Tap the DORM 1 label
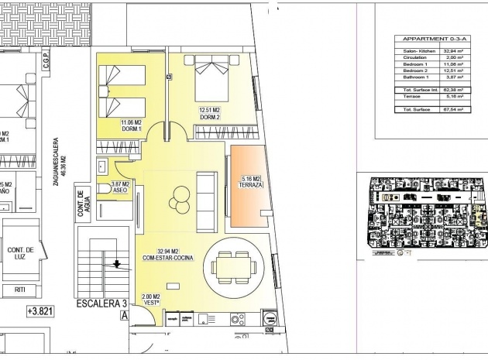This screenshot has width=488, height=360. tap(131, 125)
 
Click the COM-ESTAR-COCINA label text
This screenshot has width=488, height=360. tap(163, 255)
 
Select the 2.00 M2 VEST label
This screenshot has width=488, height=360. tap(151, 300)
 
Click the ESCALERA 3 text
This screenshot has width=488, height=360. tap(97, 303)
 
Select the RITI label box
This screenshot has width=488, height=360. tap(21, 290)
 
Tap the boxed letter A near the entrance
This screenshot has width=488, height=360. tap(122, 314)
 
